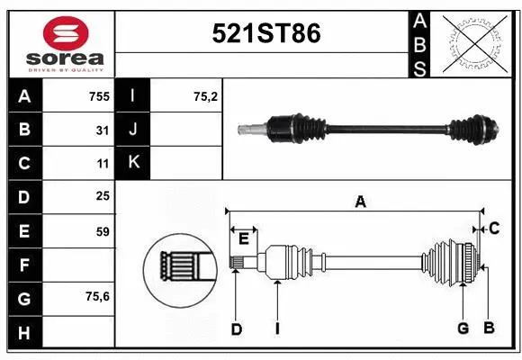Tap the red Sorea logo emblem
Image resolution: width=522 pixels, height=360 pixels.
pos(66,35)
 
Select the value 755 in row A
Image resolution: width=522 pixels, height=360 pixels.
pos(99,96)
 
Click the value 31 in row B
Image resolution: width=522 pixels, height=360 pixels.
pos(103,130)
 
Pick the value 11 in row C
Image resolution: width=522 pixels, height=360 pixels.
pos(103,164)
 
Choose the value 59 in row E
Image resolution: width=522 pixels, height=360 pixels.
pos(102,231)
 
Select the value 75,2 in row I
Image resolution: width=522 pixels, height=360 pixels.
pos(206,96)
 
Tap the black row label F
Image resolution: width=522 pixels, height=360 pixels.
pos(23,265)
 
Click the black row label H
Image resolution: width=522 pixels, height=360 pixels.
pos(23,333)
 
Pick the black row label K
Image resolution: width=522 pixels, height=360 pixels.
pos(133,163)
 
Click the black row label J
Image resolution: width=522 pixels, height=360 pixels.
pos(133,130)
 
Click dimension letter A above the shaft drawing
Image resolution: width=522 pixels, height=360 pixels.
pos(360,202)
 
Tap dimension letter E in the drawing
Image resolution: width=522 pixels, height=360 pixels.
pos(243,238)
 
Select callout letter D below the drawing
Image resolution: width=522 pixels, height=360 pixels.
pos(236,328)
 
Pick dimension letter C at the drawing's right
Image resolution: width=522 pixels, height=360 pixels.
pos(494,229)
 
